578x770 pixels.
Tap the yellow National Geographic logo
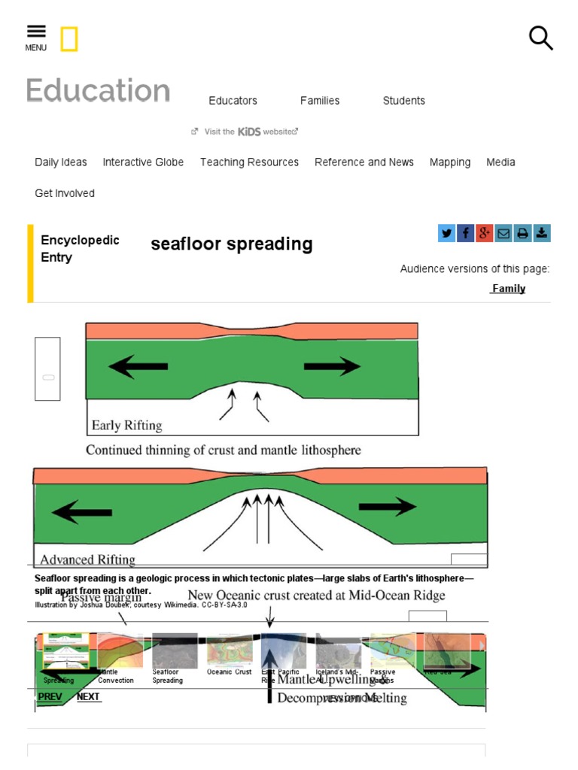pyautogui.click(x=69, y=39)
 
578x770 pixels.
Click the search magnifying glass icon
pyautogui.click(x=540, y=38)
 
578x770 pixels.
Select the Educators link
pyautogui.click(x=233, y=101)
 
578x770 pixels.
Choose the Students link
pyautogui.click(x=403, y=101)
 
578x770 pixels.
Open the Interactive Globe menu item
pyautogui.click(x=143, y=162)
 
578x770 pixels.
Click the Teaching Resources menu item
pyautogui.click(x=249, y=162)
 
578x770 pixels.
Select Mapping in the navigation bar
pyautogui.click(x=450, y=162)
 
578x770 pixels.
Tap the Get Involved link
pyautogui.click(x=65, y=193)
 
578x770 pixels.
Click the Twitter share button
pyautogui.click(x=447, y=233)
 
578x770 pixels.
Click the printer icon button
pyautogui.click(x=522, y=233)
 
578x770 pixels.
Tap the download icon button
pyautogui.click(x=542, y=233)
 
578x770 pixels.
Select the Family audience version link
pyautogui.click(x=508, y=289)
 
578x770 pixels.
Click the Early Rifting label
pyautogui.click(x=126, y=426)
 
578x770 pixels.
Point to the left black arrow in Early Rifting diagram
pyautogui.click(x=138, y=367)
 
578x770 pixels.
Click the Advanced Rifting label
pyautogui.click(x=87, y=559)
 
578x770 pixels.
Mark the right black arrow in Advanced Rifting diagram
pyautogui.click(x=388, y=507)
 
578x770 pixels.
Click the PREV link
pyautogui.click(x=50, y=697)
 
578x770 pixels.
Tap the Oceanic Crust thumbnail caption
pyautogui.click(x=230, y=672)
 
